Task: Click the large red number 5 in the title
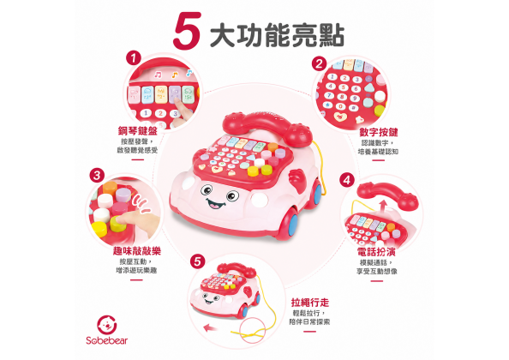tap(188, 31)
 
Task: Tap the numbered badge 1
tap(133, 58)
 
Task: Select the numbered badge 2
tap(319, 64)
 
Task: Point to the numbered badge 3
tap(97, 176)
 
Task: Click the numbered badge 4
tap(347, 180)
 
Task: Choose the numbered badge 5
tap(198, 261)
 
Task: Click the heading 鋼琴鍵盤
tap(138, 131)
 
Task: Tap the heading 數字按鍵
tap(378, 133)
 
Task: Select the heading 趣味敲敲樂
tap(136, 251)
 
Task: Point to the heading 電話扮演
tap(376, 252)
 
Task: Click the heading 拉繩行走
tap(310, 303)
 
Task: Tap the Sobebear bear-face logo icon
tap(107, 325)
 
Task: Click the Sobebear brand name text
tap(107, 340)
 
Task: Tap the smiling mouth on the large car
tap(216, 204)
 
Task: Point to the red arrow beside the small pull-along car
tap(210, 328)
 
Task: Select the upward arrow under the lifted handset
tap(383, 206)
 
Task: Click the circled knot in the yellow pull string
tap(253, 331)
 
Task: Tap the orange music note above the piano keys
tap(175, 75)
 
